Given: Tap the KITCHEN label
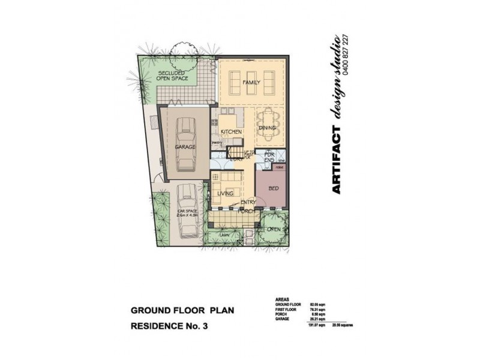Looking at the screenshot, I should coord(231,131).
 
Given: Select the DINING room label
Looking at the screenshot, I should coord(267,128).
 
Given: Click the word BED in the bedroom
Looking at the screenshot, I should coord(274,188).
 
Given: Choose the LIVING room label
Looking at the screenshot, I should coord(225,193).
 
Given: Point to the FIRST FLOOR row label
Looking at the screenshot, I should coord(286,310).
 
